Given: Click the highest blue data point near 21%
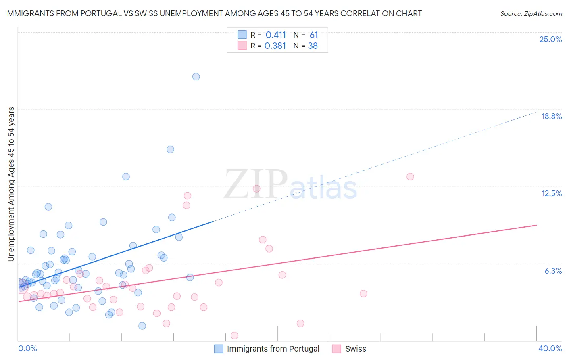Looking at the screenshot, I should tap(196, 77).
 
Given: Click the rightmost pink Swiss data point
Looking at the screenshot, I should tap(410, 176).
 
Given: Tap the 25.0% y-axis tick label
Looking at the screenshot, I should tap(550, 39).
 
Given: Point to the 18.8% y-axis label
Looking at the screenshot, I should tap(551, 116).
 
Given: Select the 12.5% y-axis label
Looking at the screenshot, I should tap(551, 193).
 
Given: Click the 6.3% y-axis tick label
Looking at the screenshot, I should tap(553, 271).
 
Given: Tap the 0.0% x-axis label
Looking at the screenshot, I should tap(28, 348).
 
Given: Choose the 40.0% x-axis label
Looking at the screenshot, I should tap(550, 348).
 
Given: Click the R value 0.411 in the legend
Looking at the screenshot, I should tap(275, 35).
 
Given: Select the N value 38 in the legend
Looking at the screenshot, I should tap(313, 46).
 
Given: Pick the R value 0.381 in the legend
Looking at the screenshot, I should tap(275, 46).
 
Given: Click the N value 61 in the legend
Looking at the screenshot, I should tap(314, 35).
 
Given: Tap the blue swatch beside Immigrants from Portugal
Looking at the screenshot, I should tap(219, 349).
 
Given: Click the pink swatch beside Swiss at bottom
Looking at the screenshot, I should tap(337, 349).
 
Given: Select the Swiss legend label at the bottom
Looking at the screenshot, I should tap(356, 349).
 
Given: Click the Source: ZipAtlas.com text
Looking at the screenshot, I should tap(531, 13).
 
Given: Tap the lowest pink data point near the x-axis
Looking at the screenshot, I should tap(234, 335).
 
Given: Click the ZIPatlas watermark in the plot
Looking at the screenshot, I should tap(290, 184).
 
